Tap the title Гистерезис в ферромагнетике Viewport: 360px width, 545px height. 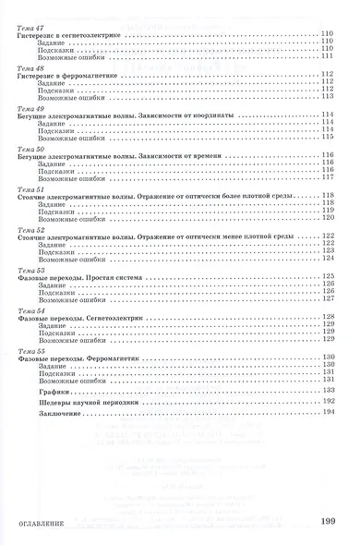66,77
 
